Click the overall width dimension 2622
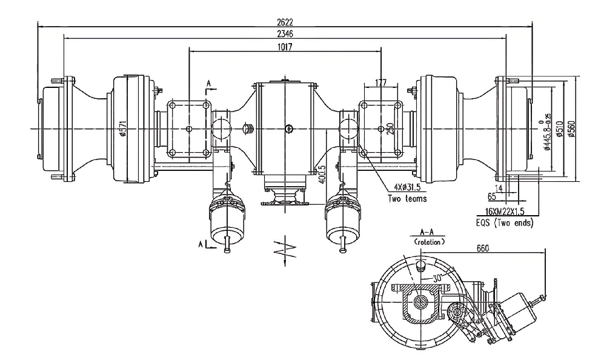pos(284,21)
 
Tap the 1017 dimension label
pos(284,47)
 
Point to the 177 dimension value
pos(381,82)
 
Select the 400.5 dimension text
pos(322,173)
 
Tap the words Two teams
pos(407,198)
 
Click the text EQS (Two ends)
pos(505,223)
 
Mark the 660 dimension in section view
pos(483,247)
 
